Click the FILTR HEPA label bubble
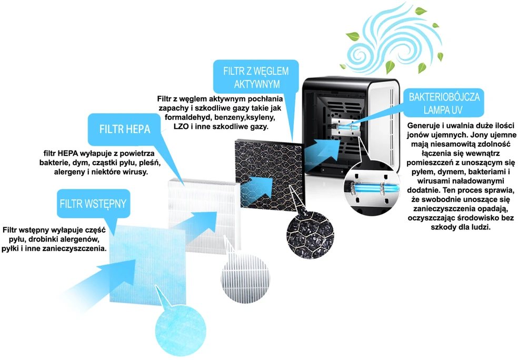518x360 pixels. (x=125, y=129)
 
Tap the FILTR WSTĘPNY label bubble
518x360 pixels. (x=93, y=204)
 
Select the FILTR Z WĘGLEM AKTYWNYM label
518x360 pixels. (x=256, y=77)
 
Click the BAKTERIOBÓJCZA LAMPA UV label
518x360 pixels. (x=444, y=103)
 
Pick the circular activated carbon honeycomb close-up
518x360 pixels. (x=310, y=235)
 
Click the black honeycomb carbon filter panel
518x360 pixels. (x=270, y=176)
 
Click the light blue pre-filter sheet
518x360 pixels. (x=148, y=264)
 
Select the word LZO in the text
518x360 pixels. (x=181, y=126)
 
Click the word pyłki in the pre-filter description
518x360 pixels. (x=10, y=248)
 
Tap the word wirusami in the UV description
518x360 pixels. (x=433, y=181)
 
